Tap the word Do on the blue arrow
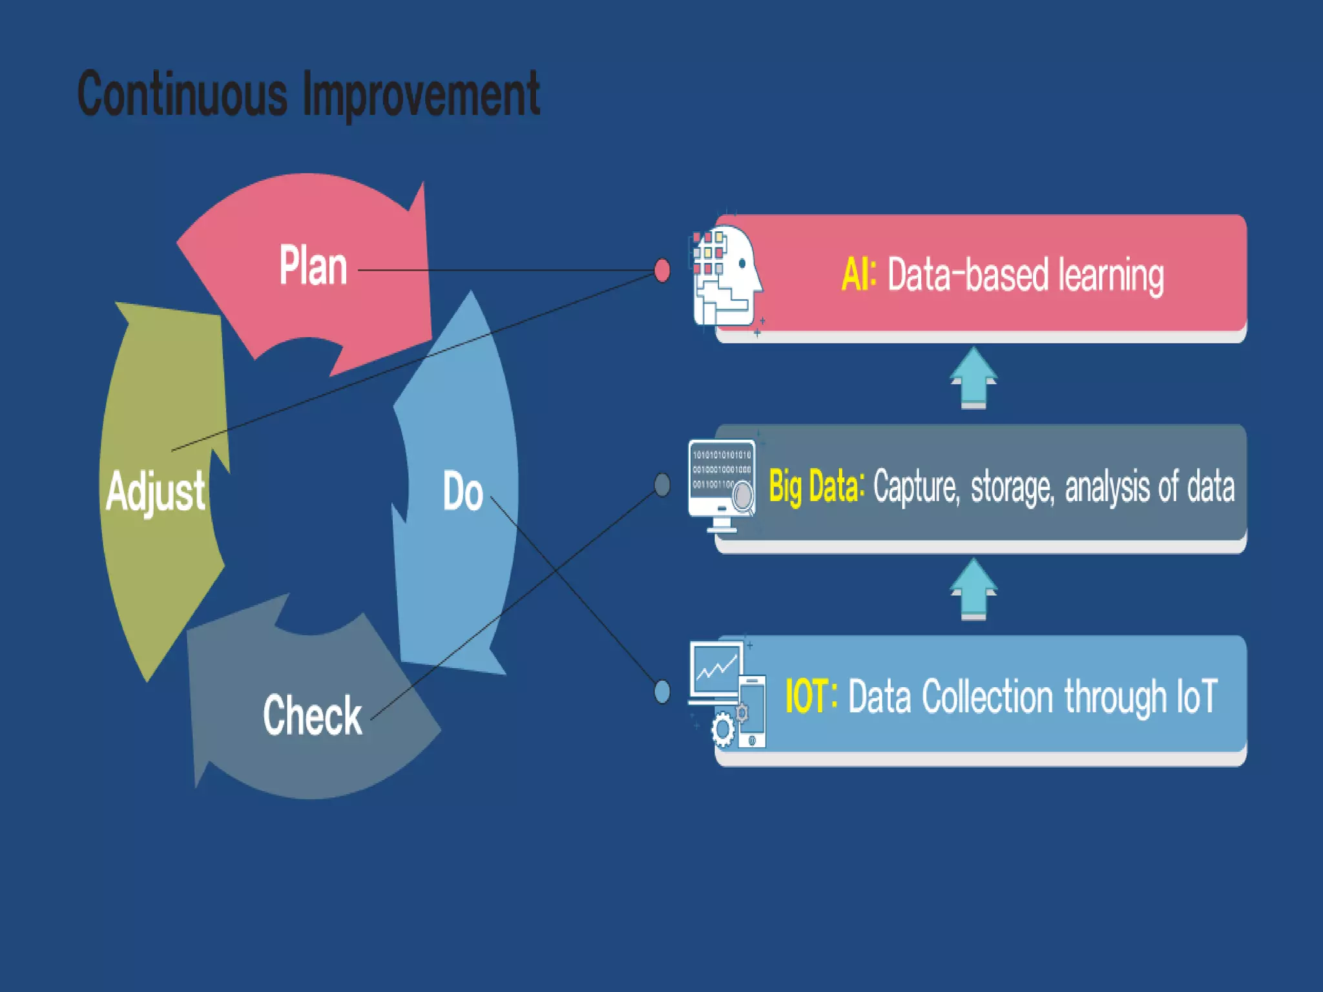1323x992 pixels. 463,491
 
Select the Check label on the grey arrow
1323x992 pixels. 313,715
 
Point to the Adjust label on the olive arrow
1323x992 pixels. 156,491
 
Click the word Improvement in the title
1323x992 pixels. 421,96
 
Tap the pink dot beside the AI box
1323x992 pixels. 662,271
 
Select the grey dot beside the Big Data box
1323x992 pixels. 662,484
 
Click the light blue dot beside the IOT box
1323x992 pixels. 662,692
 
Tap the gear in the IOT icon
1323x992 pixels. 722,730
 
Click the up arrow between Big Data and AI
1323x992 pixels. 974,378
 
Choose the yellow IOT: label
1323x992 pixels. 811,696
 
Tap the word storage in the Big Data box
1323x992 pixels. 1012,488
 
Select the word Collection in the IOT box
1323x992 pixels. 988,697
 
